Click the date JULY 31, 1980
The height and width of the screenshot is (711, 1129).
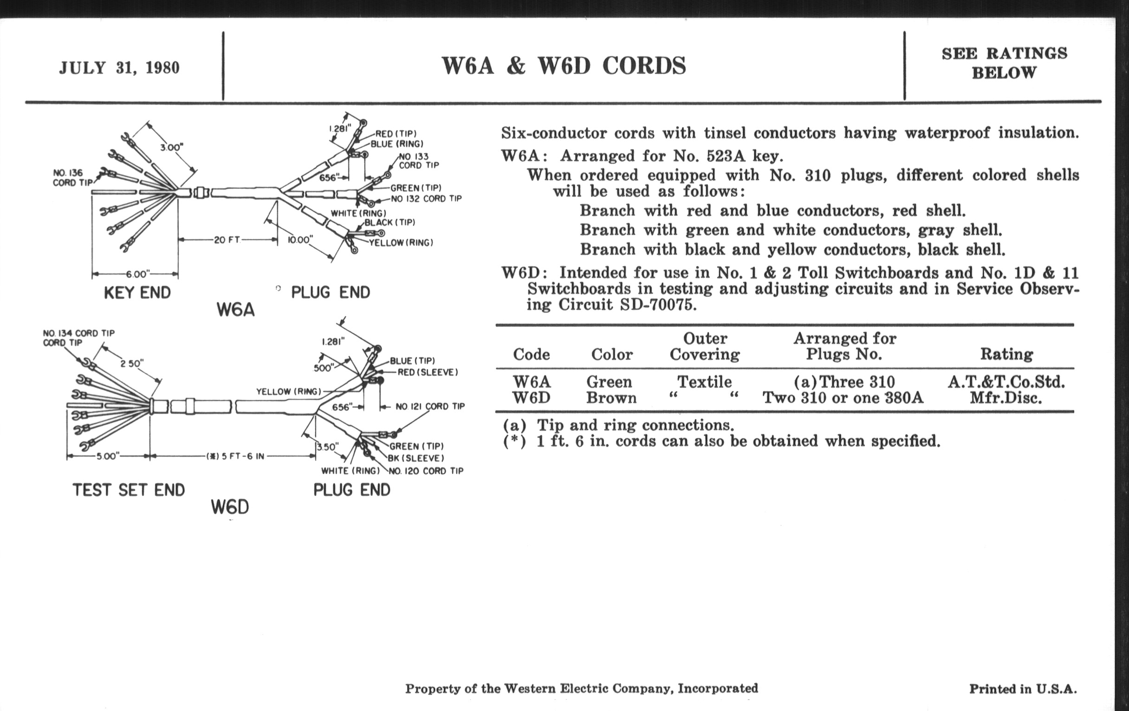point(119,67)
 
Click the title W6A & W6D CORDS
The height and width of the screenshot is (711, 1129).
point(564,65)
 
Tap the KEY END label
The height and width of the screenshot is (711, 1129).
point(137,292)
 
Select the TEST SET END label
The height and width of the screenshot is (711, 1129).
point(129,490)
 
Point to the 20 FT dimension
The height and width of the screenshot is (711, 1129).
point(227,240)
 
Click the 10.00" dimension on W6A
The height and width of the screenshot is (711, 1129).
point(299,240)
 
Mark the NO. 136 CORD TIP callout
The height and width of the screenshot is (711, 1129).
point(71,178)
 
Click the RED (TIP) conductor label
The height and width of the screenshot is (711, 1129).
point(396,134)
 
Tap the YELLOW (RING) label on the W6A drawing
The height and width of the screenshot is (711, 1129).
point(401,243)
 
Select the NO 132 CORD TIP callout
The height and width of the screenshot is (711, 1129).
point(426,198)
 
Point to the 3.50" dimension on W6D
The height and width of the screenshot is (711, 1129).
point(327,447)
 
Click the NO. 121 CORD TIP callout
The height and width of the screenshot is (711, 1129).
point(430,407)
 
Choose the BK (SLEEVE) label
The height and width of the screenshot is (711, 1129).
point(415,458)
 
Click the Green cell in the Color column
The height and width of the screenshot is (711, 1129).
point(609,382)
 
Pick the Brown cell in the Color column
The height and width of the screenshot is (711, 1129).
point(611,398)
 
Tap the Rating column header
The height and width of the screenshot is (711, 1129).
point(1006,354)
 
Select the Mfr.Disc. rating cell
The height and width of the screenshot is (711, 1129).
point(1006,398)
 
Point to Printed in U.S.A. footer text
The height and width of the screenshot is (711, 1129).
point(1023,689)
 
